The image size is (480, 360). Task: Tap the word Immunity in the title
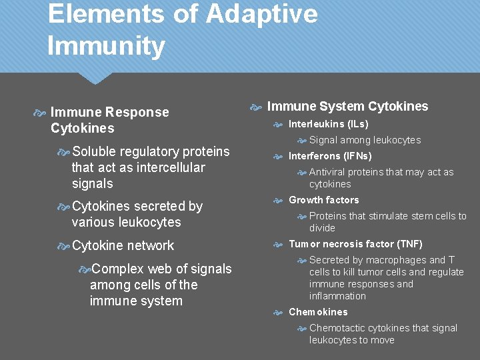pos(106,46)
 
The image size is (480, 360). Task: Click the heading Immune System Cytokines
pos(347,107)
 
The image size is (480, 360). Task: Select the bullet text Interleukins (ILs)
pos(328,124)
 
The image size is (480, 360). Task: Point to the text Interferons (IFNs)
pos(330,156)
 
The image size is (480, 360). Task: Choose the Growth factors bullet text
pos(323,200)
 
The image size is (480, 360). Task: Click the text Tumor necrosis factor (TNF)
pos(355,244)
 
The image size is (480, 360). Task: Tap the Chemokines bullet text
pos(318,312)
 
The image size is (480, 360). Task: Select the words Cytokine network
pos(123,245)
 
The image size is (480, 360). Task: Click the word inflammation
pos(337,296)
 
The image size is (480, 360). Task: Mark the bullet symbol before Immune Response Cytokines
pos(40,113)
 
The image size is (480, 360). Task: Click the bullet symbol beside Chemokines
pos(279,313)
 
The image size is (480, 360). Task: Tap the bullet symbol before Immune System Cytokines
pos(255,107)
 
